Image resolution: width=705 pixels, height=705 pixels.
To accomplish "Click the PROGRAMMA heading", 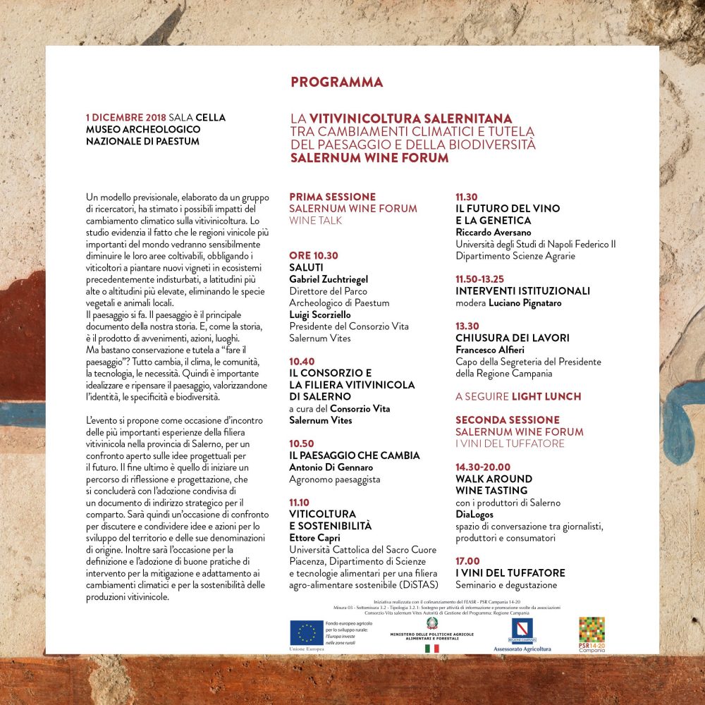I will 336,82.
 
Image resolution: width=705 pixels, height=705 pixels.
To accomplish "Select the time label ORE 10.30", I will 314,256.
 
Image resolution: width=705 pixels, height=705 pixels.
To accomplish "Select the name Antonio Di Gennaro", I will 331,467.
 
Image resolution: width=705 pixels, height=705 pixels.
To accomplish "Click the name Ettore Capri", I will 314,538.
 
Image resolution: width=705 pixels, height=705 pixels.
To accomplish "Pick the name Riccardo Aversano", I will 493,232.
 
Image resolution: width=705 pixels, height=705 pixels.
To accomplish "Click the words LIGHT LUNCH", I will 546,396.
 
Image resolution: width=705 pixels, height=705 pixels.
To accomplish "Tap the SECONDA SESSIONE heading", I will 508,419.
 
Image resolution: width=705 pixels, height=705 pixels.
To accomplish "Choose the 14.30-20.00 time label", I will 483,467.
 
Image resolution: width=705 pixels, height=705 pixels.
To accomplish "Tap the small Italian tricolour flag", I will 431,648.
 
